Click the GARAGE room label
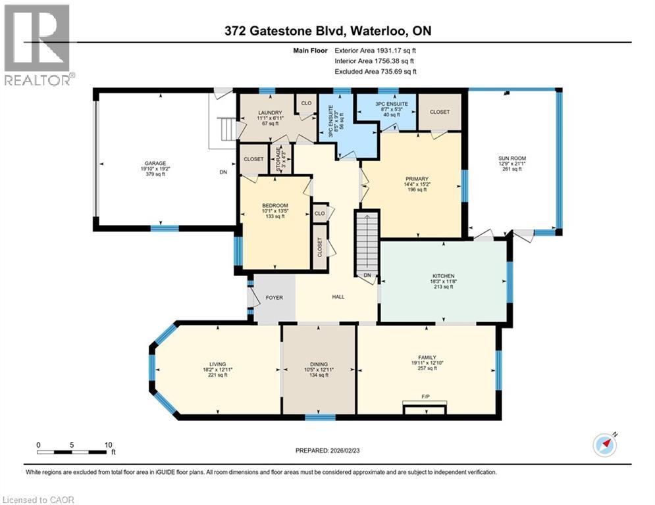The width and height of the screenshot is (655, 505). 156,163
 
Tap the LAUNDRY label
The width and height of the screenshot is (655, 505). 271,112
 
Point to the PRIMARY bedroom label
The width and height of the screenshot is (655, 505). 417,179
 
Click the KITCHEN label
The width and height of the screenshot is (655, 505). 443,276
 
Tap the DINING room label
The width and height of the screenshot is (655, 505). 319,364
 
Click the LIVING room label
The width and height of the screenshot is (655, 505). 218,364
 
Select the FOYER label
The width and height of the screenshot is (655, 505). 274,298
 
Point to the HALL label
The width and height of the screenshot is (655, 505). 338,297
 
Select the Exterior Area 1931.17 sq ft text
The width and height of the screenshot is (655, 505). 376,50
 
